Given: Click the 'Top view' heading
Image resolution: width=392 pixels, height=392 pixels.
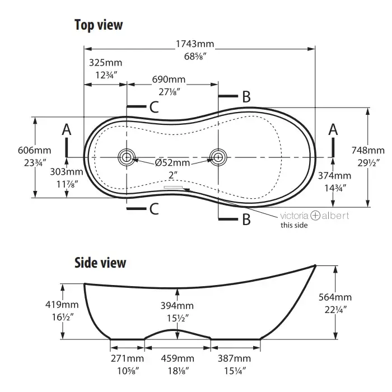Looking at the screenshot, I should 99,25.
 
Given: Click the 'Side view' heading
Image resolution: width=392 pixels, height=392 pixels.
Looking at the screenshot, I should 100,263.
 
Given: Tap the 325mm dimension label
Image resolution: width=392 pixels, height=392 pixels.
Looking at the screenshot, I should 105,62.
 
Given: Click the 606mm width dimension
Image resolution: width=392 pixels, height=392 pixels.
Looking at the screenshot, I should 34,150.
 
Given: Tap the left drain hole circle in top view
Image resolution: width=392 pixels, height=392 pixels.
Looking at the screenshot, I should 127,157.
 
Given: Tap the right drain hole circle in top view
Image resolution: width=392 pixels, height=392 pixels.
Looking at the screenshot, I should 217,157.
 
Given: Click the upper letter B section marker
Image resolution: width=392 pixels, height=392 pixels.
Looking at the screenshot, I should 246,96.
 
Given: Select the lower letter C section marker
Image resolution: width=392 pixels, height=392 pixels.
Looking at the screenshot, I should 155,209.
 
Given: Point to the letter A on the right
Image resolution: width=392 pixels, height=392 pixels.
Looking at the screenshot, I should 333,130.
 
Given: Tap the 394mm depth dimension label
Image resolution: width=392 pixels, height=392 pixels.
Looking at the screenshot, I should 177,306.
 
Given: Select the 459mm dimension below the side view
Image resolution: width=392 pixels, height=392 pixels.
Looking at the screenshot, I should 178,358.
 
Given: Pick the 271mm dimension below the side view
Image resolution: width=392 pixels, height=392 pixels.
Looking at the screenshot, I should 128,358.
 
